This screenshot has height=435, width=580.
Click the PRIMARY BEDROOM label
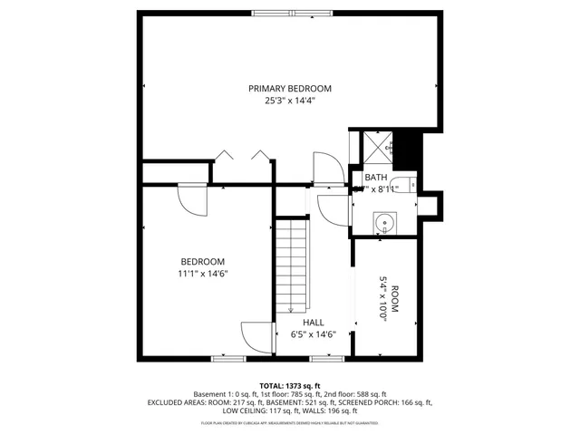[x=290, y=88]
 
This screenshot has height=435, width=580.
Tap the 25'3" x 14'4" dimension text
[x=290, y=101]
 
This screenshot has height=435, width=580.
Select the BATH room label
[x=376, y=178]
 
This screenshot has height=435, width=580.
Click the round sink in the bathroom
[x=384, y=222]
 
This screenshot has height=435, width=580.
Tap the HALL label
[x=314, y=322]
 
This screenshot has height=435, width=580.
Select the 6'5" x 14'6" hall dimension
[x=314, y=334]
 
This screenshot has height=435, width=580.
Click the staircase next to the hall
[x=292, y=266]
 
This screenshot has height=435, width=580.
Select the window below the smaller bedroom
[x=228, y=359]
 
